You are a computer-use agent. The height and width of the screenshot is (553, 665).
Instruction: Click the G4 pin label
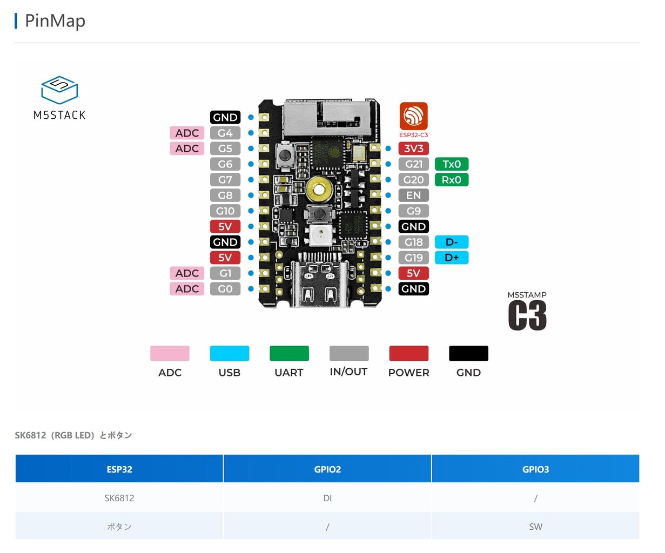(x=225, y=133)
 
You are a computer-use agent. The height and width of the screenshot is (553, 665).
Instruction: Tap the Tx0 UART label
(x=451, y=164)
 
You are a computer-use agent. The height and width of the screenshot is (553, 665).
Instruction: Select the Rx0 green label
(x=451, y=180)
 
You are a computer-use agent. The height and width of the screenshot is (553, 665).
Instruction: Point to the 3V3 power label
(x=413, y=149)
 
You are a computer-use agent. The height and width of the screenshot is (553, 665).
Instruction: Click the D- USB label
(x=451, y=242)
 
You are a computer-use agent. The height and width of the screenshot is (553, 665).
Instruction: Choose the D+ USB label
(x=451, y=258)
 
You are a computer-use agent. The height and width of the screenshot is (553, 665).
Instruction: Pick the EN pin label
(x=413, y=195)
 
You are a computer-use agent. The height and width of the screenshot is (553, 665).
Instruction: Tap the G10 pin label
(x=225, y=211)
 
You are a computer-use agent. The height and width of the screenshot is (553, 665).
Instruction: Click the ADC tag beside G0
(x=187, y=289)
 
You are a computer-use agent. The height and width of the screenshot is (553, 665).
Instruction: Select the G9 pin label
(x=413, y=211)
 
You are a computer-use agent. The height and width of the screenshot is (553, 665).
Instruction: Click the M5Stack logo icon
(x=59, y=90)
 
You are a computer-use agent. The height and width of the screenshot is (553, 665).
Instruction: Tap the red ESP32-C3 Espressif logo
(x=413, y=116)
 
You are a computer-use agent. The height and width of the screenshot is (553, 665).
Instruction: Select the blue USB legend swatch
(x=230, y=353)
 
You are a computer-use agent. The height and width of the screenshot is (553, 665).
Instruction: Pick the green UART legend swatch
(x=289, y=353)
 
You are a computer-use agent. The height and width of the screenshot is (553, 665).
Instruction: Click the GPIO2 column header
(x=327, y=469)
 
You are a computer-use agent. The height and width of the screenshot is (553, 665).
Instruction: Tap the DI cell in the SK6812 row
(x=327, y=498)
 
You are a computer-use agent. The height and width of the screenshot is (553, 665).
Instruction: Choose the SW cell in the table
(x=535, y=527)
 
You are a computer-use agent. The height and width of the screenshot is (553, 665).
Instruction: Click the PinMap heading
(x=55, y=21)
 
